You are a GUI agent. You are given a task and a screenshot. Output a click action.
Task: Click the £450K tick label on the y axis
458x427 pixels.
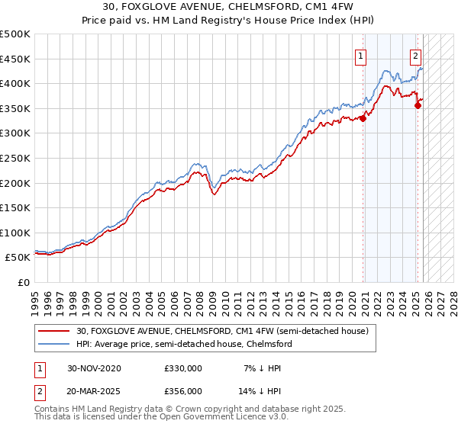tap(15, 59)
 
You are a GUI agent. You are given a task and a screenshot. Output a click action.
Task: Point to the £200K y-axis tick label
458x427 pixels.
tap(15, 183)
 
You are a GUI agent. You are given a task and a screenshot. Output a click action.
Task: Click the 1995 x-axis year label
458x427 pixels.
tap(35, 298)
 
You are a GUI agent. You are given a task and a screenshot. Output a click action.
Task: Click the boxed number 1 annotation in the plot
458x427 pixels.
tap(360, 55)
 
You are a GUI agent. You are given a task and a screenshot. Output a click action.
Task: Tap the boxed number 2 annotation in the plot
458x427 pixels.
tap(415, 55)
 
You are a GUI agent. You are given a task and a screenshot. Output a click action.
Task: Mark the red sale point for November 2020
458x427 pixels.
tap(363, 118)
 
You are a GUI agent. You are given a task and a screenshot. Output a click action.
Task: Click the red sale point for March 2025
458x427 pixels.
tap(418, 105)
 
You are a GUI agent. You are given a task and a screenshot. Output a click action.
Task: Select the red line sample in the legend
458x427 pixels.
tap(55, 331)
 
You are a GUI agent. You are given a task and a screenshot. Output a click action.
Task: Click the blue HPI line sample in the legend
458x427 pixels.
tap(55, 344)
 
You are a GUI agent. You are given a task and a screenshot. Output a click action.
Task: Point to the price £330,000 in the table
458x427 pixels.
tap(183, 368)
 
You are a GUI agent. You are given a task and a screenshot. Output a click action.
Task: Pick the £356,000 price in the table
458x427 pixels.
tap(183, 390)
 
